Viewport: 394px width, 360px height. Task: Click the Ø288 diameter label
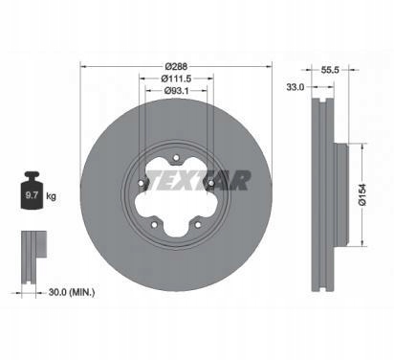(176, 67)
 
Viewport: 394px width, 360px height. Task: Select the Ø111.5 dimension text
(176, 79)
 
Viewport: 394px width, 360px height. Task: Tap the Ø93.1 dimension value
(176, 91)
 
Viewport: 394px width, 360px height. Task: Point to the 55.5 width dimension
(330, 70)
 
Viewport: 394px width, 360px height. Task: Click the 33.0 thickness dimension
(295, 87)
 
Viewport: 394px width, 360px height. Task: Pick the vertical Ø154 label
(362, 194)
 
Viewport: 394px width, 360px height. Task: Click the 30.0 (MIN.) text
(72, 292)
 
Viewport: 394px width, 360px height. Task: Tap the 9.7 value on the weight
(32, 195)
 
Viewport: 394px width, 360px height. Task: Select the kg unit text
(51, 195)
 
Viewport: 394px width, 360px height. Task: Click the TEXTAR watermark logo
(198, 181)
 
